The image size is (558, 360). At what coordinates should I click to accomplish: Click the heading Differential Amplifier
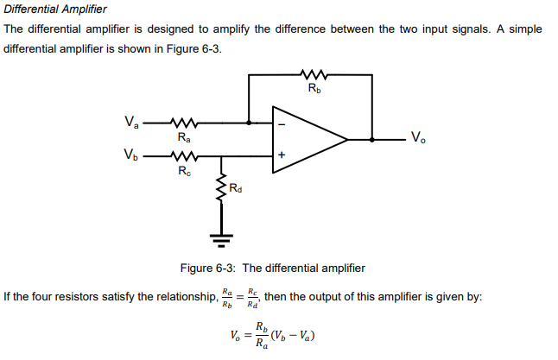click(55, 9)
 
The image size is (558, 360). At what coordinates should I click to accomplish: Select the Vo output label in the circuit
click(417, 137)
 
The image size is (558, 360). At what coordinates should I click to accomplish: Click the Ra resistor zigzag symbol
click(184, 122)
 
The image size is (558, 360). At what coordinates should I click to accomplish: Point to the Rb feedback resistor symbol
click(311, 75)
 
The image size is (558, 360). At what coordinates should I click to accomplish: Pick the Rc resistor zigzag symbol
click(184, 156)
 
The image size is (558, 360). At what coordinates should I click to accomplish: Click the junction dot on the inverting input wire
click(249, 123)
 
